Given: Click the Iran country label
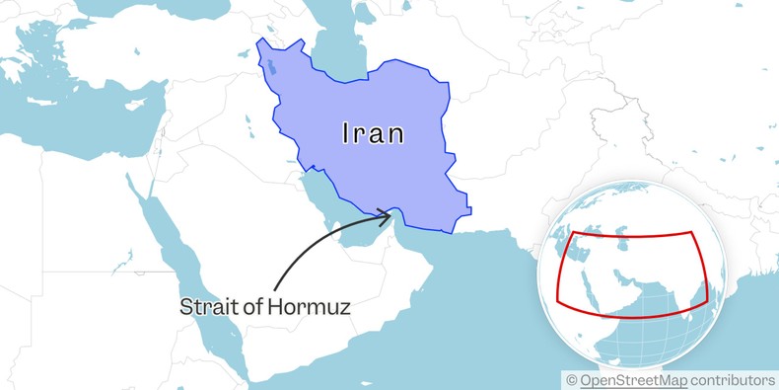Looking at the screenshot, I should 373,133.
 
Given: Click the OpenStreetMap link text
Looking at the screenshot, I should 633,380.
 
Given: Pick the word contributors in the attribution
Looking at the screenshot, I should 733,380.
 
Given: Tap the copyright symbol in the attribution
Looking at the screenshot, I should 571,380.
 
